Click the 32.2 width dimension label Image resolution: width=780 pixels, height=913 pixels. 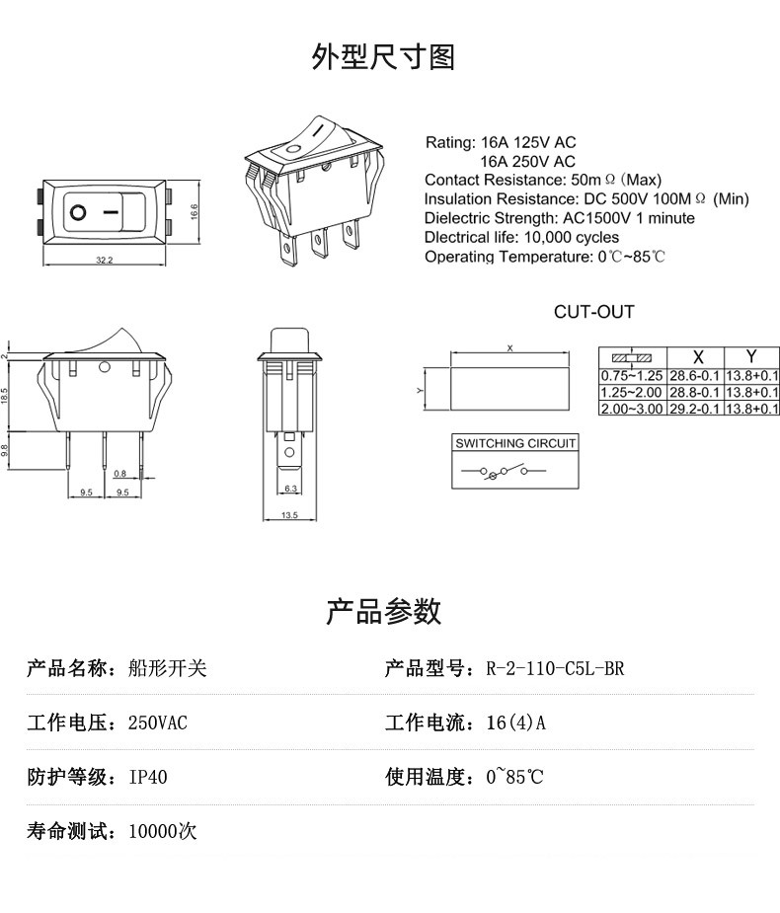[105, 260]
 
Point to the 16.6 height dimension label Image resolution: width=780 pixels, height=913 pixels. [194, 211]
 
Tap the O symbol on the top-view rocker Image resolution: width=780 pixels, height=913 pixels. [78, 212]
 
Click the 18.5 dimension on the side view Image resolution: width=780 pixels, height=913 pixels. [4, 397]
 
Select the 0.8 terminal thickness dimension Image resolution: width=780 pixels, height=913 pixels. [120, 474]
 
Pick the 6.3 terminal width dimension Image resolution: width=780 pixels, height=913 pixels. [290, 489]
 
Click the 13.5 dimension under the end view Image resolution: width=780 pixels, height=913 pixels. [289, 514]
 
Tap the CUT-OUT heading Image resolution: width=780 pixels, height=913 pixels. [593, 312]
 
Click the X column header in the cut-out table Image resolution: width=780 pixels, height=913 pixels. [698, 356]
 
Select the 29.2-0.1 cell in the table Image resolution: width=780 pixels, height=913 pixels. [694, 409]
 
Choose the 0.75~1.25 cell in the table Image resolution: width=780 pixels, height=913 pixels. [632, 376]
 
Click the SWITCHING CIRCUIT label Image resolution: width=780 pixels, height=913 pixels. [515, 443]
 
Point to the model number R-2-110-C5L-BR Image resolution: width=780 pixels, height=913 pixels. [555, 668]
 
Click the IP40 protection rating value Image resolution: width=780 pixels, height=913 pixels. [148, 777]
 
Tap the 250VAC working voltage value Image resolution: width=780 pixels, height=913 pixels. [158, 723]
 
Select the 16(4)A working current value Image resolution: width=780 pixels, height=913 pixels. [516, 723]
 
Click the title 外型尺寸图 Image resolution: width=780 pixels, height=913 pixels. [383, 57]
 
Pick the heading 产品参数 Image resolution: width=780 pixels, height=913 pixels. [383, 611]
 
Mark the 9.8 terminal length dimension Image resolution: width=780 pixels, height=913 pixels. [4, 449]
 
